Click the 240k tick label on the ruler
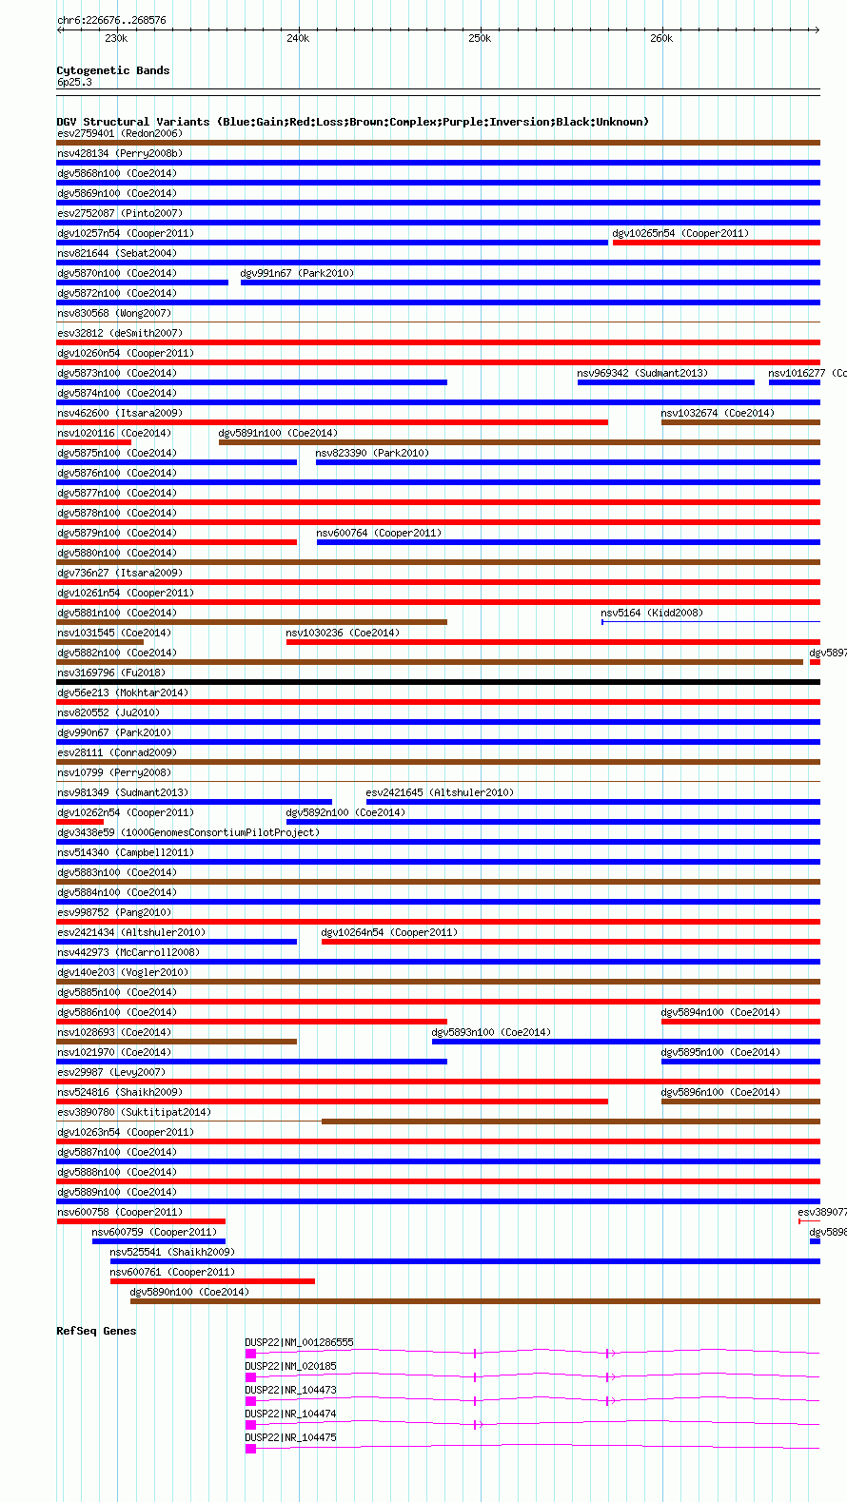point(298,38)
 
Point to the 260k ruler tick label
point(661,38)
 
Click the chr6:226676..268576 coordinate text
point(111,20)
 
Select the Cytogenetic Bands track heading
point(112,70)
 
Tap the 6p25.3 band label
point(74,82)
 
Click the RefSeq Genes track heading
point(96,1331)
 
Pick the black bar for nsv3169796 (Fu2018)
point(438,682)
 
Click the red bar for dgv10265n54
point(716,243)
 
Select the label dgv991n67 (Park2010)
point(297,273)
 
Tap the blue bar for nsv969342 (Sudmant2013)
point(665,382)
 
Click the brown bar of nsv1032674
point(740,422)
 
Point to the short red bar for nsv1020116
point(93,442)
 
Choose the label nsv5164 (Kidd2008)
point(652,613)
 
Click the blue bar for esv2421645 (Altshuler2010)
point(592,802)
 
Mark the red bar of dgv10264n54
point(570,942)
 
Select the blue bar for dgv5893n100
point(625,1042)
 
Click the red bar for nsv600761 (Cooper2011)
point(212,1281)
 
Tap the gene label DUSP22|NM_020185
point(290,1366)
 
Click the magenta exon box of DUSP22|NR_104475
point(250,1449)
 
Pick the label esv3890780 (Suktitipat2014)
point(134,1112)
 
